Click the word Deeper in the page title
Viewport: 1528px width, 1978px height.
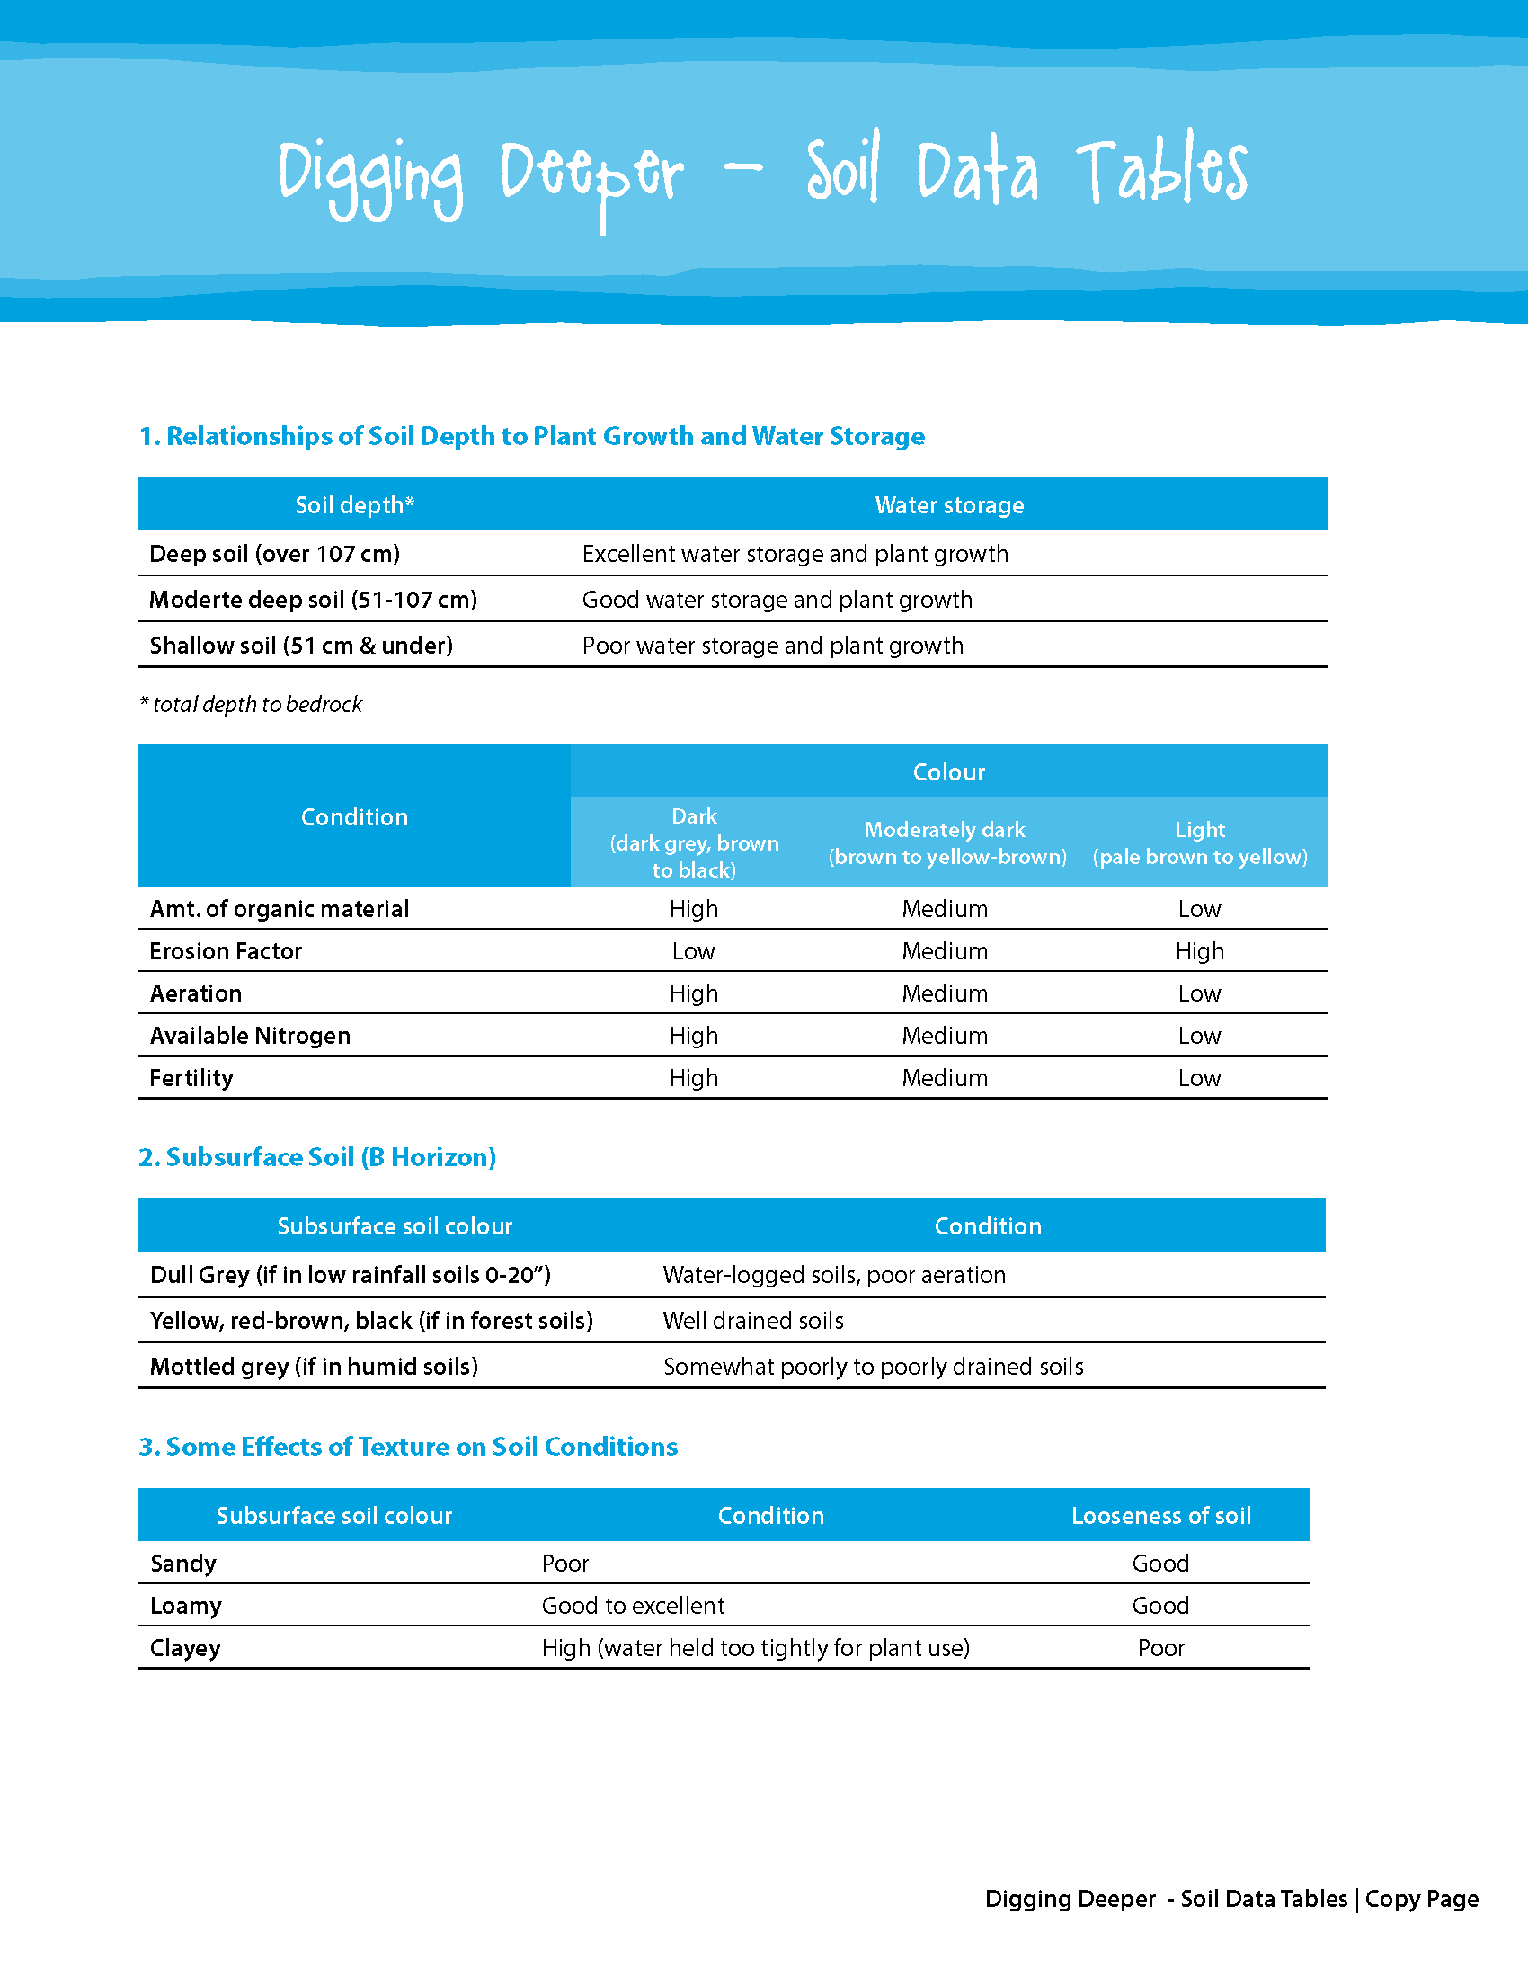pyautogui.click(x=592, y=174)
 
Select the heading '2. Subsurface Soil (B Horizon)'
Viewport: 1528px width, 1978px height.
pyautogui.click(x=316, y=1157)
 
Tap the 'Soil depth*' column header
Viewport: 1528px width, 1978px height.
pyautogui.click(x=354, y=505)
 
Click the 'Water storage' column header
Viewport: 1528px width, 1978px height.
pyautogui.click(x=948, y=505)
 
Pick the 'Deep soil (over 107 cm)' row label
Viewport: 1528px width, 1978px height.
pyautogui.click(x=274, y=553)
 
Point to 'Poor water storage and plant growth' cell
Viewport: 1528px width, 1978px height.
pyautogui.click(x=772, y=646)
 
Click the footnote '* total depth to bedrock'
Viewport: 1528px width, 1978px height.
pyautogui.click(x=251, y=705)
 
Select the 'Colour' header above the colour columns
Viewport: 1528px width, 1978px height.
pyautogui.click(x=947, y=771)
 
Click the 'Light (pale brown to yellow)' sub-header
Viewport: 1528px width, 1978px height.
pyautogui.click(x=1199, y=842)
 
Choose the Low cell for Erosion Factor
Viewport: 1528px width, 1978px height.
pyautogui.click(x=693, y=951)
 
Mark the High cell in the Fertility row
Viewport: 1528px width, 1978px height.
pyautogui.click(x=693, y=1078)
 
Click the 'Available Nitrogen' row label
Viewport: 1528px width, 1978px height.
pyautogui.click(x=250, y=1035)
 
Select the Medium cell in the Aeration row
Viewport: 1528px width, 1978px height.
pyautogui.click(x=944, y=993)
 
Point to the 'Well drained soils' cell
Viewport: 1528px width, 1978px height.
pyautogui.click(x=753, y=1321)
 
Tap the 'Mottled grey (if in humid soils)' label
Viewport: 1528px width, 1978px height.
pyautogui.click(x=313, y=1366)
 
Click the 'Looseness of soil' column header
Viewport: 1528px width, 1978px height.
pyautogui.click(x=1160, y=1515)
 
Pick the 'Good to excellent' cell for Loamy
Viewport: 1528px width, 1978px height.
pyautogui.click(x=633, y=1606)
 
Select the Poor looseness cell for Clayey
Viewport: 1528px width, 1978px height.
pyautogui.click(x=1160, y=1647)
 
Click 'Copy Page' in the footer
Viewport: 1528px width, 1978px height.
pyautogui.click(x=1421, y=1898)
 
